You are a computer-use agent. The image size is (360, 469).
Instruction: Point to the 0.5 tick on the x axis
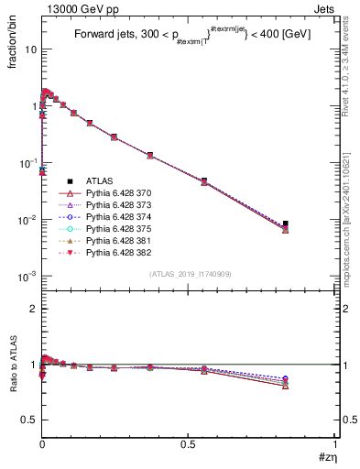pyautogui.click(x=189, y=443)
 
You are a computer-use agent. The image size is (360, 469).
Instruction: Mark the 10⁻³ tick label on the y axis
pyautogui.click(x=26, y=276)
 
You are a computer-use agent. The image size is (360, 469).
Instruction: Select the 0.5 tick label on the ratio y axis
pyautogui.click(x=27, y=420)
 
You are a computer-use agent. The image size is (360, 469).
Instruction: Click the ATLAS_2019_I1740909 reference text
pyautogui.click(x=189, y=274)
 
